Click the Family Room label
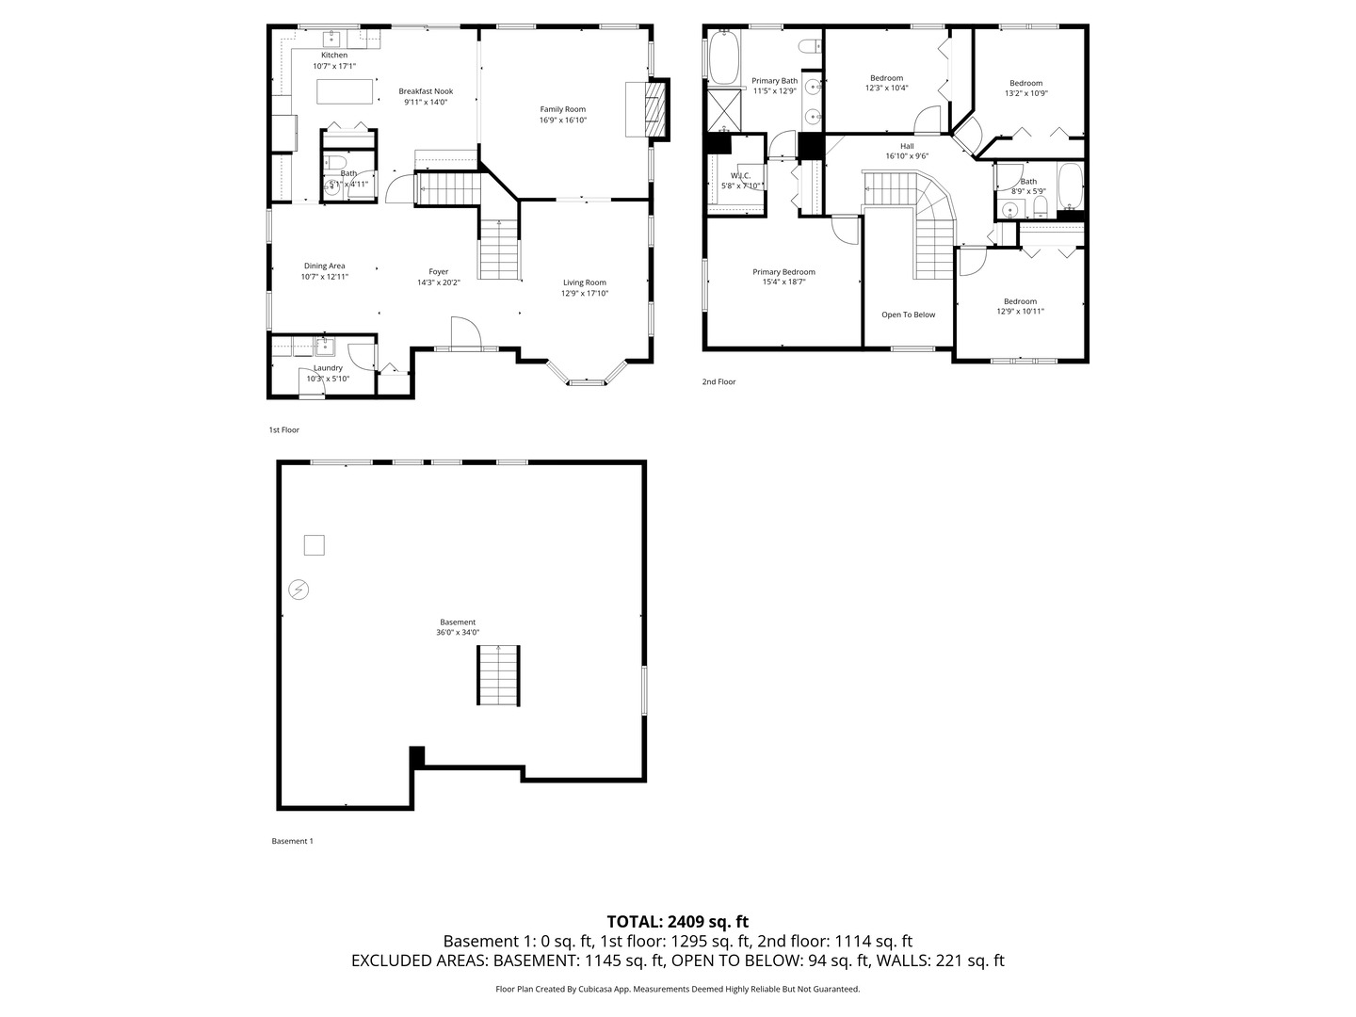(562, 109)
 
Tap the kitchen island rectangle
(346, 91)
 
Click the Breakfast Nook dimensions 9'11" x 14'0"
(426, 102)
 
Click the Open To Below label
(908, 315)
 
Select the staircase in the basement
(497, 675)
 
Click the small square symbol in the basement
(314, 544)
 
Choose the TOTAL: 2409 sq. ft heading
(677, 921)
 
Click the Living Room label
(584, 282)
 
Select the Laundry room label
(328, 368)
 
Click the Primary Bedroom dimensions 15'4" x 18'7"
(783, 282)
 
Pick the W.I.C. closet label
(740, 176)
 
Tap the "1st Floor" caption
(283, 429)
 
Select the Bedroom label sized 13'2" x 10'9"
(1025, 83)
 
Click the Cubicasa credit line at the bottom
(677, 989)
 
